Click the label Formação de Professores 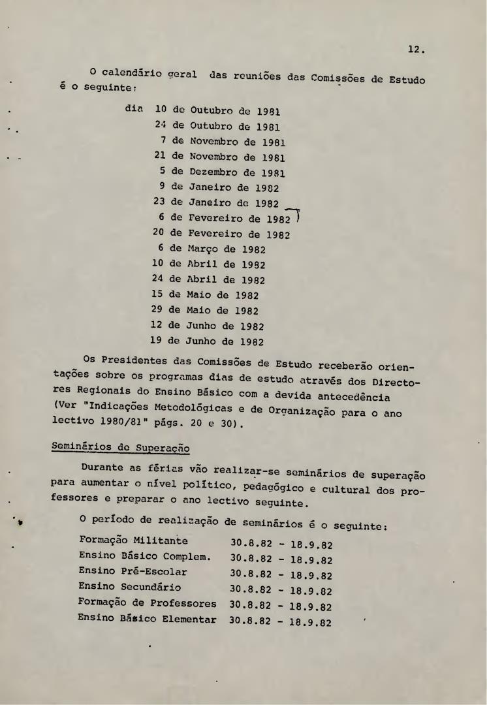click(147, 603)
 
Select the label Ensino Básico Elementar click(147, 619)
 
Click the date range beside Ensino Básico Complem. click(281, 559)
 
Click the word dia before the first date click(134, 110)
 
